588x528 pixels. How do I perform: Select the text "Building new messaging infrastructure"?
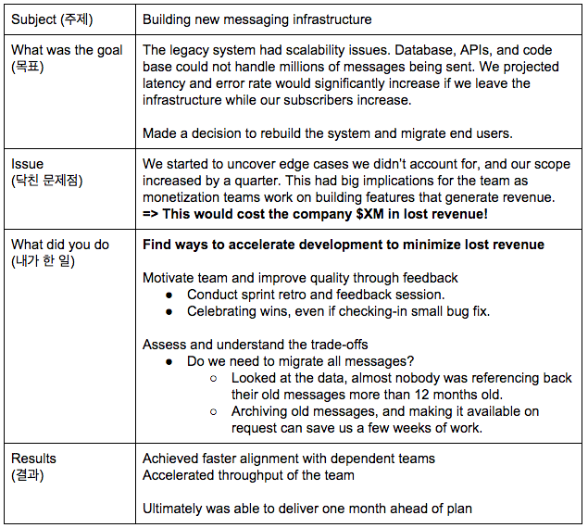pyautogui.click(x=257, y=19)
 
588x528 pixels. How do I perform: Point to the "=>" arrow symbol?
pyautogui.click(x=151, y=214)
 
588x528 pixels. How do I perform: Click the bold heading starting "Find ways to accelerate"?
pyautogui.click(x=343, y=245)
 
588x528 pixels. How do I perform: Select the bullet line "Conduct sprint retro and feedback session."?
pyautogui.click(x=316, y=295)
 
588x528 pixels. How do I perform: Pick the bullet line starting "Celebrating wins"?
pyautogui.click(x=338, y=311)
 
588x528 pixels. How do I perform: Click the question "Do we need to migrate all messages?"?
pyautogui.click(x=302, y=361)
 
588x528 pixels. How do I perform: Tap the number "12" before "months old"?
pyautogui.click(x=428, y=395)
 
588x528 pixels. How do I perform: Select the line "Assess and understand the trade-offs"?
pyautogui.click(x=256, y=345)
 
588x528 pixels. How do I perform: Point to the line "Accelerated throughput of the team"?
pyautogui.click(x=248, y=475)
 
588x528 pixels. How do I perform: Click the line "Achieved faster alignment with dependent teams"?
pyautogui.click(x=288, y=459)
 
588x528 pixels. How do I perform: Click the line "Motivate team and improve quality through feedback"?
pyautogui.click(x=300, y=278)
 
